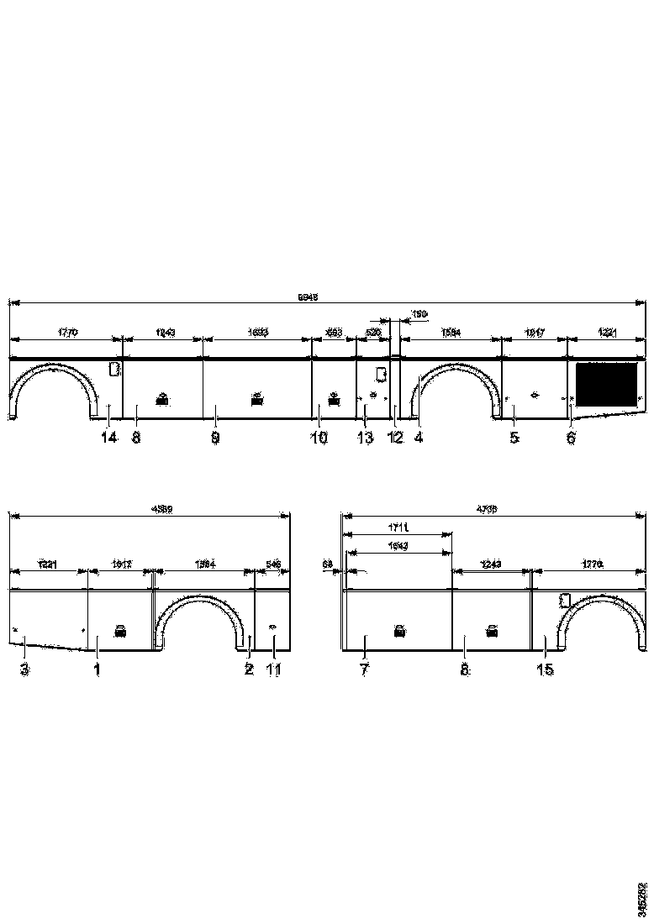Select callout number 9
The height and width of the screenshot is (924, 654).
click(215, 438)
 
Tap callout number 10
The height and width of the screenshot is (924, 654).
click(319, 438)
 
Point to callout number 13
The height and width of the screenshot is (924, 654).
click(364, 438)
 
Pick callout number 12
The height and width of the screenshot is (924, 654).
click(394, 438)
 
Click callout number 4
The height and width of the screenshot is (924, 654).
click(418, 438)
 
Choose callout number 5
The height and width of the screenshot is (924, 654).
click(514, 438)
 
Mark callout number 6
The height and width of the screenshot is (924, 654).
click(571, 438)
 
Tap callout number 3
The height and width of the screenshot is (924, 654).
click(24, 669)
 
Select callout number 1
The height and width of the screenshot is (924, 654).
click(97, 669)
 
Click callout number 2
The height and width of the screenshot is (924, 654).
click(249, 669)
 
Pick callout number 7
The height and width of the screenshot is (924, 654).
click(364, 669)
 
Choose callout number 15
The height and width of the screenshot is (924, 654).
click(545, 669)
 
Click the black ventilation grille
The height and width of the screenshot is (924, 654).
click(604, 382)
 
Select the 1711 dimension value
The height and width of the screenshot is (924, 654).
click(398, 528)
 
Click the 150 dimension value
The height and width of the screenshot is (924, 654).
click(419, 314)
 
